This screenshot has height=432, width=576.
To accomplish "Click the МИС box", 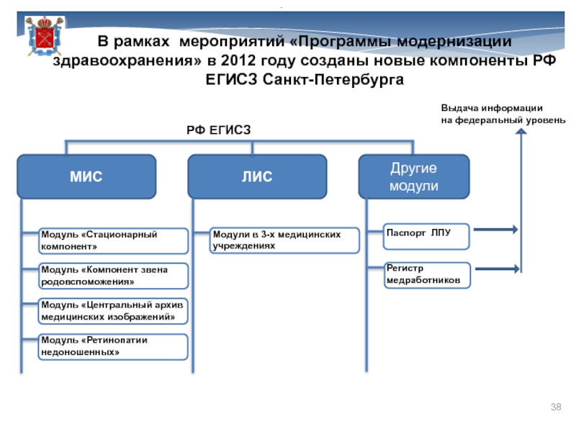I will coord(86,176).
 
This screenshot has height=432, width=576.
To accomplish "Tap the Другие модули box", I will coord(414,176).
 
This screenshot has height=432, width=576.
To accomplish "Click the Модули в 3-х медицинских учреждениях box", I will coord(284,240).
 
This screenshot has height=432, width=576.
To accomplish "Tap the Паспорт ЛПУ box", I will coord(426,234).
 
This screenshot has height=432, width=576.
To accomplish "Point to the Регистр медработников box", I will coord(426,274).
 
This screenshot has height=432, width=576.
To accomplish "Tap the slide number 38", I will coord(556,408).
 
